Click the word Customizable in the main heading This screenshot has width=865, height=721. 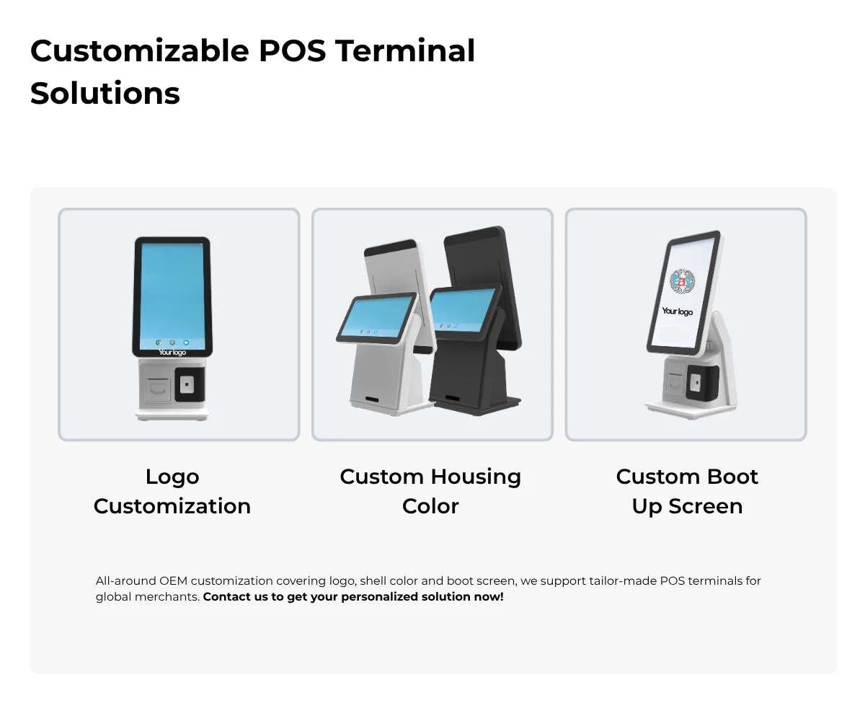(140, 51)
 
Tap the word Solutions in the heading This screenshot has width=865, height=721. (105, 93)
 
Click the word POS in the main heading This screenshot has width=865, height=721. (293, 51)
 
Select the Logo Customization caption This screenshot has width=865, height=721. (172, 492)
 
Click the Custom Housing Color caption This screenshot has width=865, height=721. (430, 492)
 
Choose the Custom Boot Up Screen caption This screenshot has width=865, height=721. (687, 492)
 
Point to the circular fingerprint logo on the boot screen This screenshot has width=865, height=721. (682, 281)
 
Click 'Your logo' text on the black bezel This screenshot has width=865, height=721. (172, 353)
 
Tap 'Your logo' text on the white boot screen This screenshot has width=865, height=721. (678, 311)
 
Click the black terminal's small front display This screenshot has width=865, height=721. (462, 310)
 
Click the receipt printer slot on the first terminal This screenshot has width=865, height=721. (157, 389)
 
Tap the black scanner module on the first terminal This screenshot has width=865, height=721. (190, 384)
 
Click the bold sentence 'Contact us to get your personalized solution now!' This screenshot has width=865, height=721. (353, 597)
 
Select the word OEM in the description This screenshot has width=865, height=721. (174, 581)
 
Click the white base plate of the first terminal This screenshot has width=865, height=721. (172, 415)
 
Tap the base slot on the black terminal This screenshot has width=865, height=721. (452, 398)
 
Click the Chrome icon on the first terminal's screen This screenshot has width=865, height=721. (159, 342)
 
